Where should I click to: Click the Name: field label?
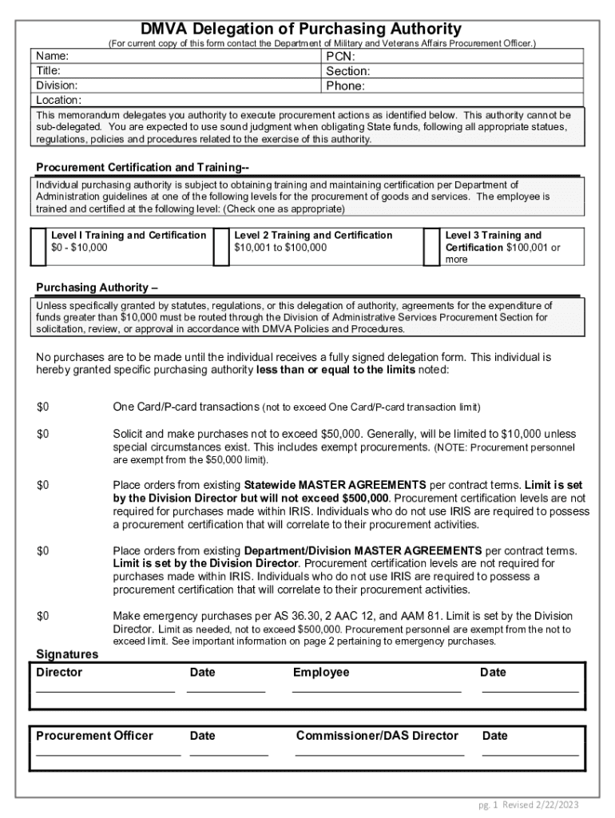53,56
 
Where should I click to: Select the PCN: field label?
341,57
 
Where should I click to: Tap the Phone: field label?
345,85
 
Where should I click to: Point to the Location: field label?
59,100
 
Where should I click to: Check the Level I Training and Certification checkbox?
38,247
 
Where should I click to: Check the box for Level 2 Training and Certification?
221,247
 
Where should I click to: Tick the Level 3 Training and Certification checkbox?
431,247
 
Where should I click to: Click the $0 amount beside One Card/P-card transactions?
43,407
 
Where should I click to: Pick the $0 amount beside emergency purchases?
43,616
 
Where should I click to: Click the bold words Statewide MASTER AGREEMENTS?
335,485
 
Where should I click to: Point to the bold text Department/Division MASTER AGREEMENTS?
363,551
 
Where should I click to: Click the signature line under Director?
105,690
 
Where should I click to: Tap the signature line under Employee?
376,690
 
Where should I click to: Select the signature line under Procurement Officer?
108,753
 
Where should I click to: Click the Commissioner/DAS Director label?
377,736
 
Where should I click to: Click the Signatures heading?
67,654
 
